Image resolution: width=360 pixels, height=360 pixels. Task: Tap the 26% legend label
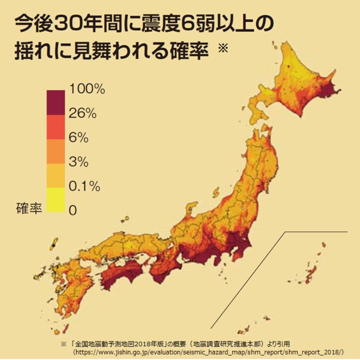click(83, 113)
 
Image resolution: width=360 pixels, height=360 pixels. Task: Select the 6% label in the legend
click(78, 137)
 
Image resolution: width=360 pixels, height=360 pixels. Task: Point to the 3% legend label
click(78, 161)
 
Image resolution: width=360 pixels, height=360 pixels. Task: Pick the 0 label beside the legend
click(72, 210)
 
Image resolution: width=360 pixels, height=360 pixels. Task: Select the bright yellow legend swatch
click(56, 199)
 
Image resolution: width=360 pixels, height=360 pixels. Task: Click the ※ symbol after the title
click(222, 49)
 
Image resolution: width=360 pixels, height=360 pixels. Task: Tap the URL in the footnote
click(209, 352)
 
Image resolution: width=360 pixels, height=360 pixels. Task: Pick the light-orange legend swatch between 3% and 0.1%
click(56, 174)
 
